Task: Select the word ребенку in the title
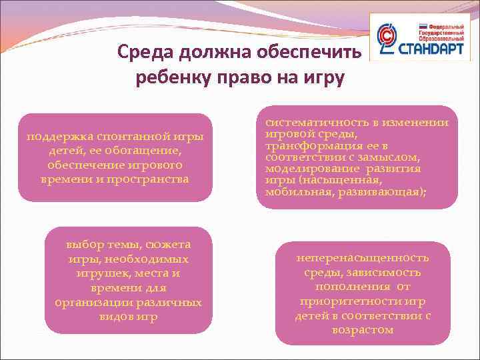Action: click(173, 78)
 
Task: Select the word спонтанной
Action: click(121, 137)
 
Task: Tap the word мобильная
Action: click(292, 192)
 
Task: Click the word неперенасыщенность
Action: click(363, 257)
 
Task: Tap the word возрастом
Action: click(362, 330)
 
